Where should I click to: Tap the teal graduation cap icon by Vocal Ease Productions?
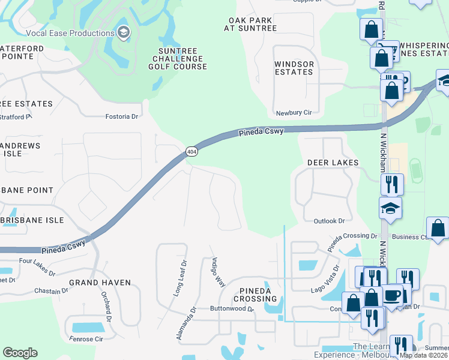pos(124,32)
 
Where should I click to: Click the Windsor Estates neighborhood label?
pos(294,68)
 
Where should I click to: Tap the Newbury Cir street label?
pos(294,113)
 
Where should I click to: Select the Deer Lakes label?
pos(333,163)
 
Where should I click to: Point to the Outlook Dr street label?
pos(330,221)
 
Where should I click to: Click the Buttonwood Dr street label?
pos(232,309)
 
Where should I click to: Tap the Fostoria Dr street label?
pos(122,116)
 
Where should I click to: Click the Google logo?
pos(20,353)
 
